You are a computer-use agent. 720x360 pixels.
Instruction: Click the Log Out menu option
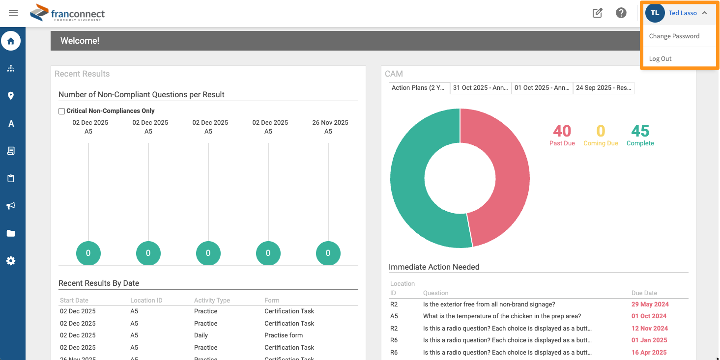point(660,58)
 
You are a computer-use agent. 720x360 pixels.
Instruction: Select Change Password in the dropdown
point(674,36)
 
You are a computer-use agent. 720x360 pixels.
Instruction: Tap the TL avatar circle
point(655,13)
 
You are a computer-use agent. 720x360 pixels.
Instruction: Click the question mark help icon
point(621,13)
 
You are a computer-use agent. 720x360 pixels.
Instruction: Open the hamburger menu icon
point(13,13)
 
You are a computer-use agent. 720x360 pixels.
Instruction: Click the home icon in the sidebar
point(11,41)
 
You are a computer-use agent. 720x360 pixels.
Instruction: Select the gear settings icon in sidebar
point(11,261)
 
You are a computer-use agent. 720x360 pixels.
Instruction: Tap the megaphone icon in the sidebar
point(11,206)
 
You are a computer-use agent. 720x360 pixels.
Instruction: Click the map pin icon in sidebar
point(11,96)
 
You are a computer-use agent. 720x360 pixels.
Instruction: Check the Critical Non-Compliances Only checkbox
point(62,111)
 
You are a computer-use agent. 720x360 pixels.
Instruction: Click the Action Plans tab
point(419,88)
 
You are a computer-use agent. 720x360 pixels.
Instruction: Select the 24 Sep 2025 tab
point(604,88)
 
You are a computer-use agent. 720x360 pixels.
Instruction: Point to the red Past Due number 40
point(562,131)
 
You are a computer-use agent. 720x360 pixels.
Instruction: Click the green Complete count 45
point(640,131)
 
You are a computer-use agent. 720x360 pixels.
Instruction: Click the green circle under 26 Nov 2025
point(328,253)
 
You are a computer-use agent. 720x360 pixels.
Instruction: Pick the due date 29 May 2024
point(650,304)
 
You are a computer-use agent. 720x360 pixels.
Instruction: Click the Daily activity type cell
point(201,335)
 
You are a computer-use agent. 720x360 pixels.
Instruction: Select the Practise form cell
point(284,335)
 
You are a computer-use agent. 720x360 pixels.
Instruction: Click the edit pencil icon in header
point(597,13)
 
